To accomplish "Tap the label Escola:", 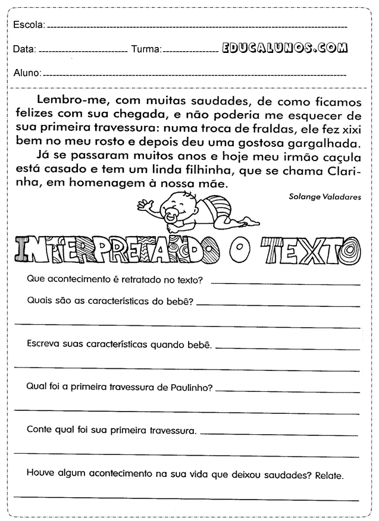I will point(28,25).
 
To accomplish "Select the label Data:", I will point(24,49).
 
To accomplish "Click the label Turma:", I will point(146,49).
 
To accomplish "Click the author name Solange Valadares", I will point(333,195).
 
